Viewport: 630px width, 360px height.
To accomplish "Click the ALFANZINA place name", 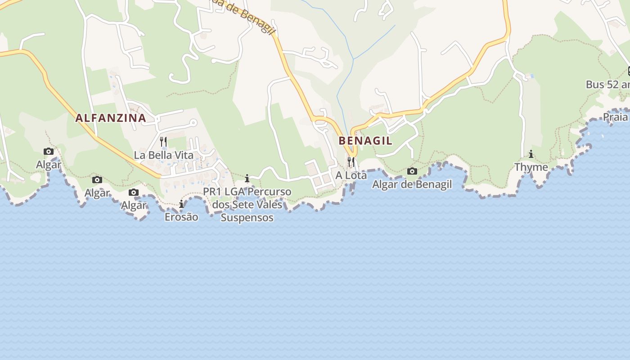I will pos(111,118).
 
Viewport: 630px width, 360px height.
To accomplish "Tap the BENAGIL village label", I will pos(365,140).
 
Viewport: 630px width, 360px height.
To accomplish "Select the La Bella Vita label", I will pos(164,155).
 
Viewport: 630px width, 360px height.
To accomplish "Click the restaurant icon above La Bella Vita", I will pos(163,142).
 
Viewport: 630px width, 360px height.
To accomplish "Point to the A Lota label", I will pos(351,175).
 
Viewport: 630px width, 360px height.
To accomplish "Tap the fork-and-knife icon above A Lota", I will pos(351,162).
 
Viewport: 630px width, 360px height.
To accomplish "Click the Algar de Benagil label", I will pos(412,184).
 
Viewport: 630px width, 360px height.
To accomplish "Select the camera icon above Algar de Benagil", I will pos(412,171).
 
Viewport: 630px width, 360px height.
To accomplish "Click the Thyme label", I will pos(531,167).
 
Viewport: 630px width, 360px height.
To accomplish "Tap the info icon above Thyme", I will pos(531,154).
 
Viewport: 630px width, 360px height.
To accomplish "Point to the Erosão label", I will pos(181,217).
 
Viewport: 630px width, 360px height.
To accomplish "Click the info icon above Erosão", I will pos(181,204).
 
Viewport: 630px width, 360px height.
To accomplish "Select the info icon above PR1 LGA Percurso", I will pos(247,178).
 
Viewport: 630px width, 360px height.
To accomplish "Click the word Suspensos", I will pos(247,218).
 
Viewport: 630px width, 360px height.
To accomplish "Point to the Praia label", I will pos(615,117).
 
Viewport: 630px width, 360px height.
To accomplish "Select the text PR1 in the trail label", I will pos(212,192).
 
